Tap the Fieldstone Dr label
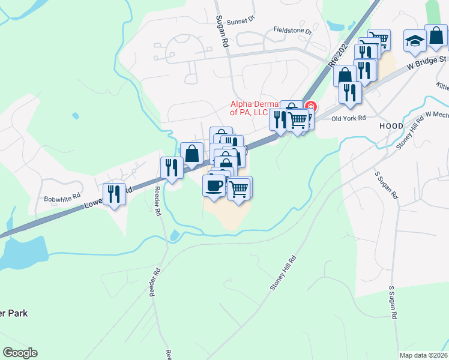[293, 30]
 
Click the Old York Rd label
[349, 118]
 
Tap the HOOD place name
[391, 127]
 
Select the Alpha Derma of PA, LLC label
[258, 107]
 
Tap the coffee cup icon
[214, 185]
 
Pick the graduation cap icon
[414, 40]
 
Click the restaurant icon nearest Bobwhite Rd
[114, 194]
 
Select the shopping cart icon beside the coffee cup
[240, 188]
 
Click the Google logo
[20, 353]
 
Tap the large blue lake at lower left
[24, 252]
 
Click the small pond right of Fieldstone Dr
[336, 26]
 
